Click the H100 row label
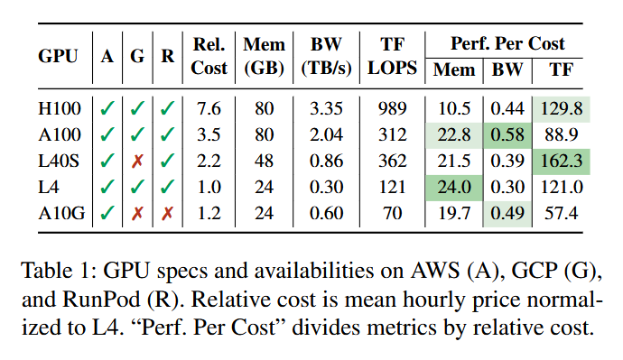point(60,108)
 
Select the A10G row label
point(61,213)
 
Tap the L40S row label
point(59,161)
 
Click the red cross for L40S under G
point(137,162)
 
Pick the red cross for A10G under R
point(167,214)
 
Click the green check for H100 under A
point(107,108)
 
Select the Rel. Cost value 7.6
point(209,108)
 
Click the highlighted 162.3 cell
point(561,162)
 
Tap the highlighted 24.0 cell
point(454,188)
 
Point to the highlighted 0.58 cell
point(507,135)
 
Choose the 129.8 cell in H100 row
point(561,109)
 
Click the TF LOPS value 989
point(392,108)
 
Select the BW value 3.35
point(326,108)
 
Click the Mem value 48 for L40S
point(264,161)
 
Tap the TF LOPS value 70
point(392,213)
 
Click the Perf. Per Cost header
point(507,43)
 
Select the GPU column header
point(58,56)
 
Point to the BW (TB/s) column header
point(326,56)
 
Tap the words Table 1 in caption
point(59,271)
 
